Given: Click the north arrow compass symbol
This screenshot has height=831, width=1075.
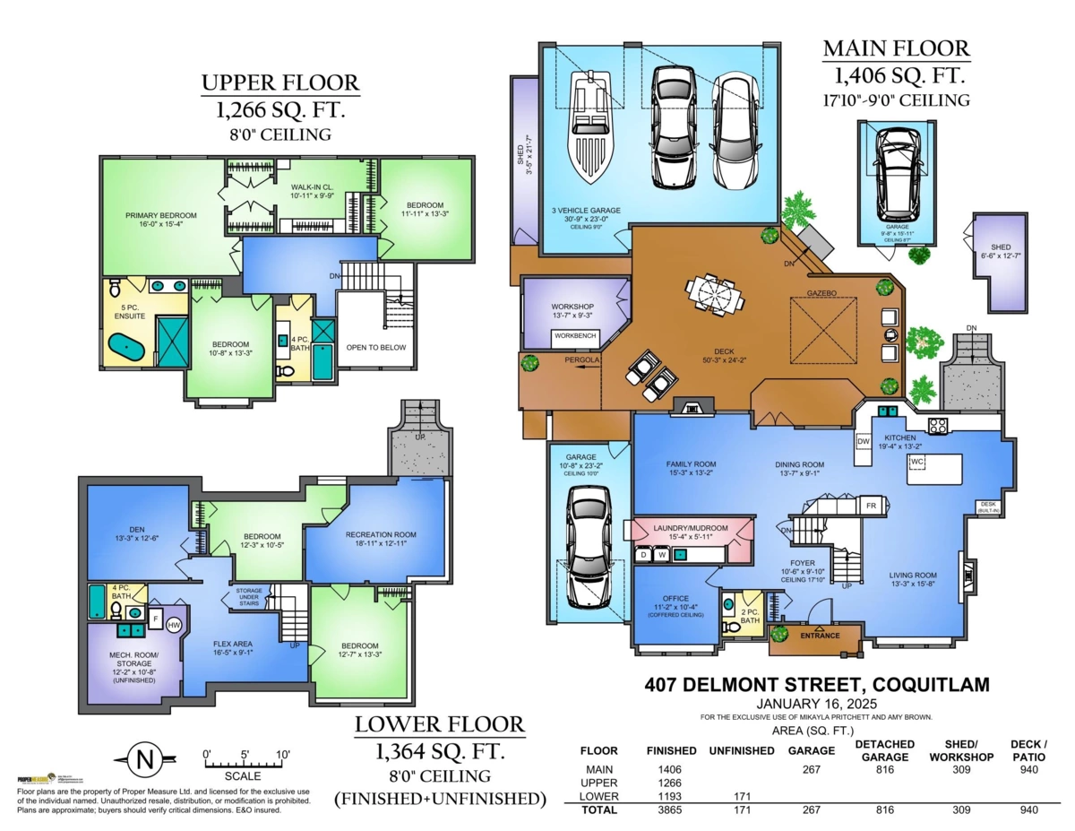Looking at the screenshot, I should click(143, 760).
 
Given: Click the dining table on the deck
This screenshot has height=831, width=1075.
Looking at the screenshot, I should click(713, 294).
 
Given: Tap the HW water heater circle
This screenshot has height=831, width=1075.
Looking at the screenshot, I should click(174, 625).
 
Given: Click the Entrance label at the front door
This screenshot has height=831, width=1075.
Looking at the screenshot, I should click(821, 636).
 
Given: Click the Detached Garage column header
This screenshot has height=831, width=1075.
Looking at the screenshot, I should click(884, 750).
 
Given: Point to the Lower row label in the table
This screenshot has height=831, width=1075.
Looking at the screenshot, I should click(598, 796).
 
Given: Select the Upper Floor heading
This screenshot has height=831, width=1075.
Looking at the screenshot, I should click(279, 83).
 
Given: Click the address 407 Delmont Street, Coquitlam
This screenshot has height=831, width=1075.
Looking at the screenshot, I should click(817, 685).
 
